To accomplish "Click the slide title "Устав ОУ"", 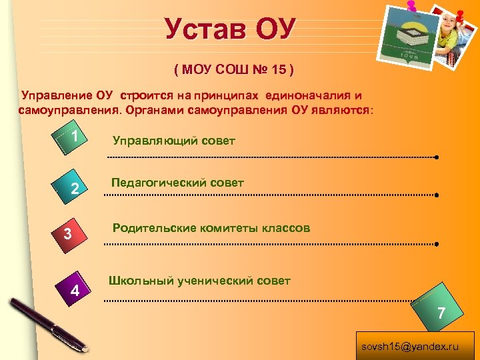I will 230,29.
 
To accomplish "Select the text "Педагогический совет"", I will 177,182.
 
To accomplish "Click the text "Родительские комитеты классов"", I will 211,228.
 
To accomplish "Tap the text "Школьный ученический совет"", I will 199,281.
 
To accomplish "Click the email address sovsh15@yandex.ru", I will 410,347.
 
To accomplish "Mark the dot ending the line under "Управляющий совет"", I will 435,158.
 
